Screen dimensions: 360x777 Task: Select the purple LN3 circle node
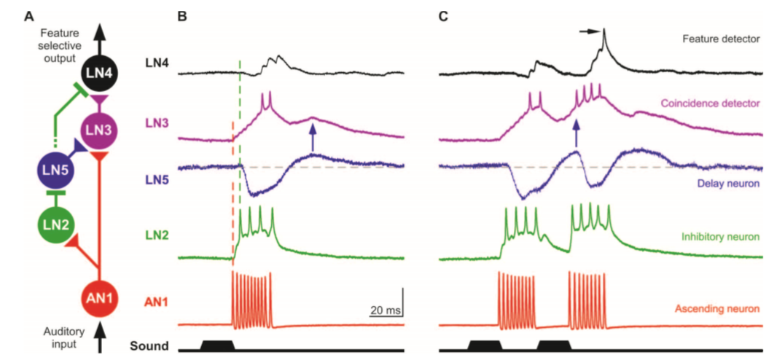tap(98, 129)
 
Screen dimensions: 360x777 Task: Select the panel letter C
tap(443, 15)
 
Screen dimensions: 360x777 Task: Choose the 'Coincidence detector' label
tap(711, 103)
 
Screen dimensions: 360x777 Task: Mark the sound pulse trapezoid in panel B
tap(216, 345)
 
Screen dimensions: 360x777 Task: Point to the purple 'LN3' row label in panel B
tap(157, 124)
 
